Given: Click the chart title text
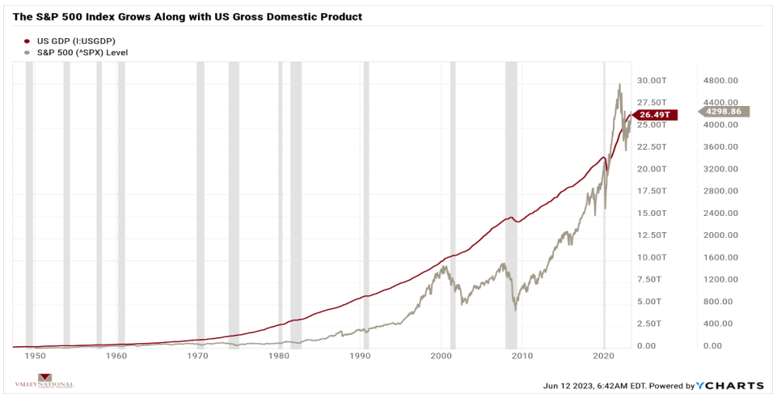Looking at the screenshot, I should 188,16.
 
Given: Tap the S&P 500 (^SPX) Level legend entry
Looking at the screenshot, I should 77,52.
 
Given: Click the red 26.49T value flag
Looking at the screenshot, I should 656,114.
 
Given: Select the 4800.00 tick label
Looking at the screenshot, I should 721,81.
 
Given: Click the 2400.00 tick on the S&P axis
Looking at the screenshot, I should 721,213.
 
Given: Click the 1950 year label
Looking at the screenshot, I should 35,356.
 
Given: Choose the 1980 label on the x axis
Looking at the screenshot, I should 279,356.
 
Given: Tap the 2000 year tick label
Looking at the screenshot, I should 441,356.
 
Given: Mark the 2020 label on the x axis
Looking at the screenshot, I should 604,356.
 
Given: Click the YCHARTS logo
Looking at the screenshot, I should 733,386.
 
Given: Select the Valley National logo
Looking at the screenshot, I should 45,382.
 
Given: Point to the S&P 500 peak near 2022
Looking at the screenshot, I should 619,84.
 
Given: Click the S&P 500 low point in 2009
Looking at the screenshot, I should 515,309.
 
